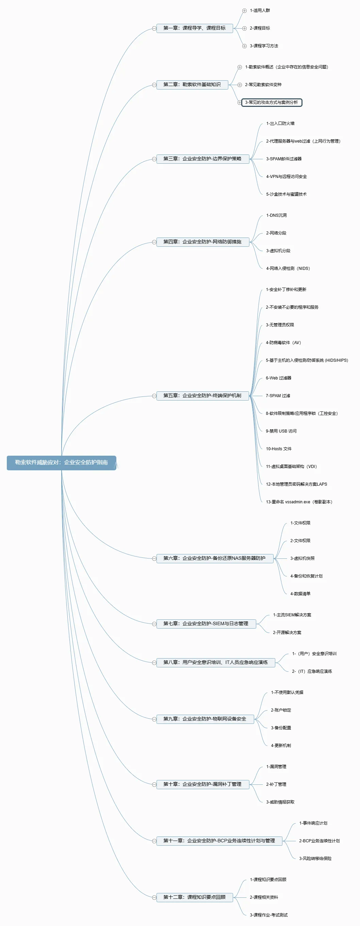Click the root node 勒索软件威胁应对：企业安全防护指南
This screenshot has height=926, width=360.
62,462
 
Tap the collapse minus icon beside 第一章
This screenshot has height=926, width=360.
154,28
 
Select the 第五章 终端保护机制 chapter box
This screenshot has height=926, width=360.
203,396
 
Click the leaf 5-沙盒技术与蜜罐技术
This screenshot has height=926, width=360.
287,194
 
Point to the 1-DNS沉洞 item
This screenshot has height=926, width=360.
276,215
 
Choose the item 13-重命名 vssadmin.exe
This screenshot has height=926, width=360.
299,502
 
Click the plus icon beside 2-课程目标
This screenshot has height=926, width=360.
244,28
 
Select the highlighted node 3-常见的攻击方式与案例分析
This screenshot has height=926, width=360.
272,102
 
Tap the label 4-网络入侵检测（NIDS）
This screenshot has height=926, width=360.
288,269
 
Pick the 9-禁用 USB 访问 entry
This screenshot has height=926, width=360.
281,431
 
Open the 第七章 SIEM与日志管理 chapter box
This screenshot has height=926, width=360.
206,624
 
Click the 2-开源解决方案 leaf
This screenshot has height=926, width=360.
287,633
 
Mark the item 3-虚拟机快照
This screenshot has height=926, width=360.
302,558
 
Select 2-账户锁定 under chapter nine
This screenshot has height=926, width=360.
281,710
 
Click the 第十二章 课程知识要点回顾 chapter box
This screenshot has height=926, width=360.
195,897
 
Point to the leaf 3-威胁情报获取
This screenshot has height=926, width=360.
280,802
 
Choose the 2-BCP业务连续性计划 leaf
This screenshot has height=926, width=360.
320,841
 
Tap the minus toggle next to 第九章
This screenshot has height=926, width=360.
154,719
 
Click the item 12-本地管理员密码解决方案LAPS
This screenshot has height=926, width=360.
296,484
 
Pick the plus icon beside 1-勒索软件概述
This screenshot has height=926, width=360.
240,67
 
